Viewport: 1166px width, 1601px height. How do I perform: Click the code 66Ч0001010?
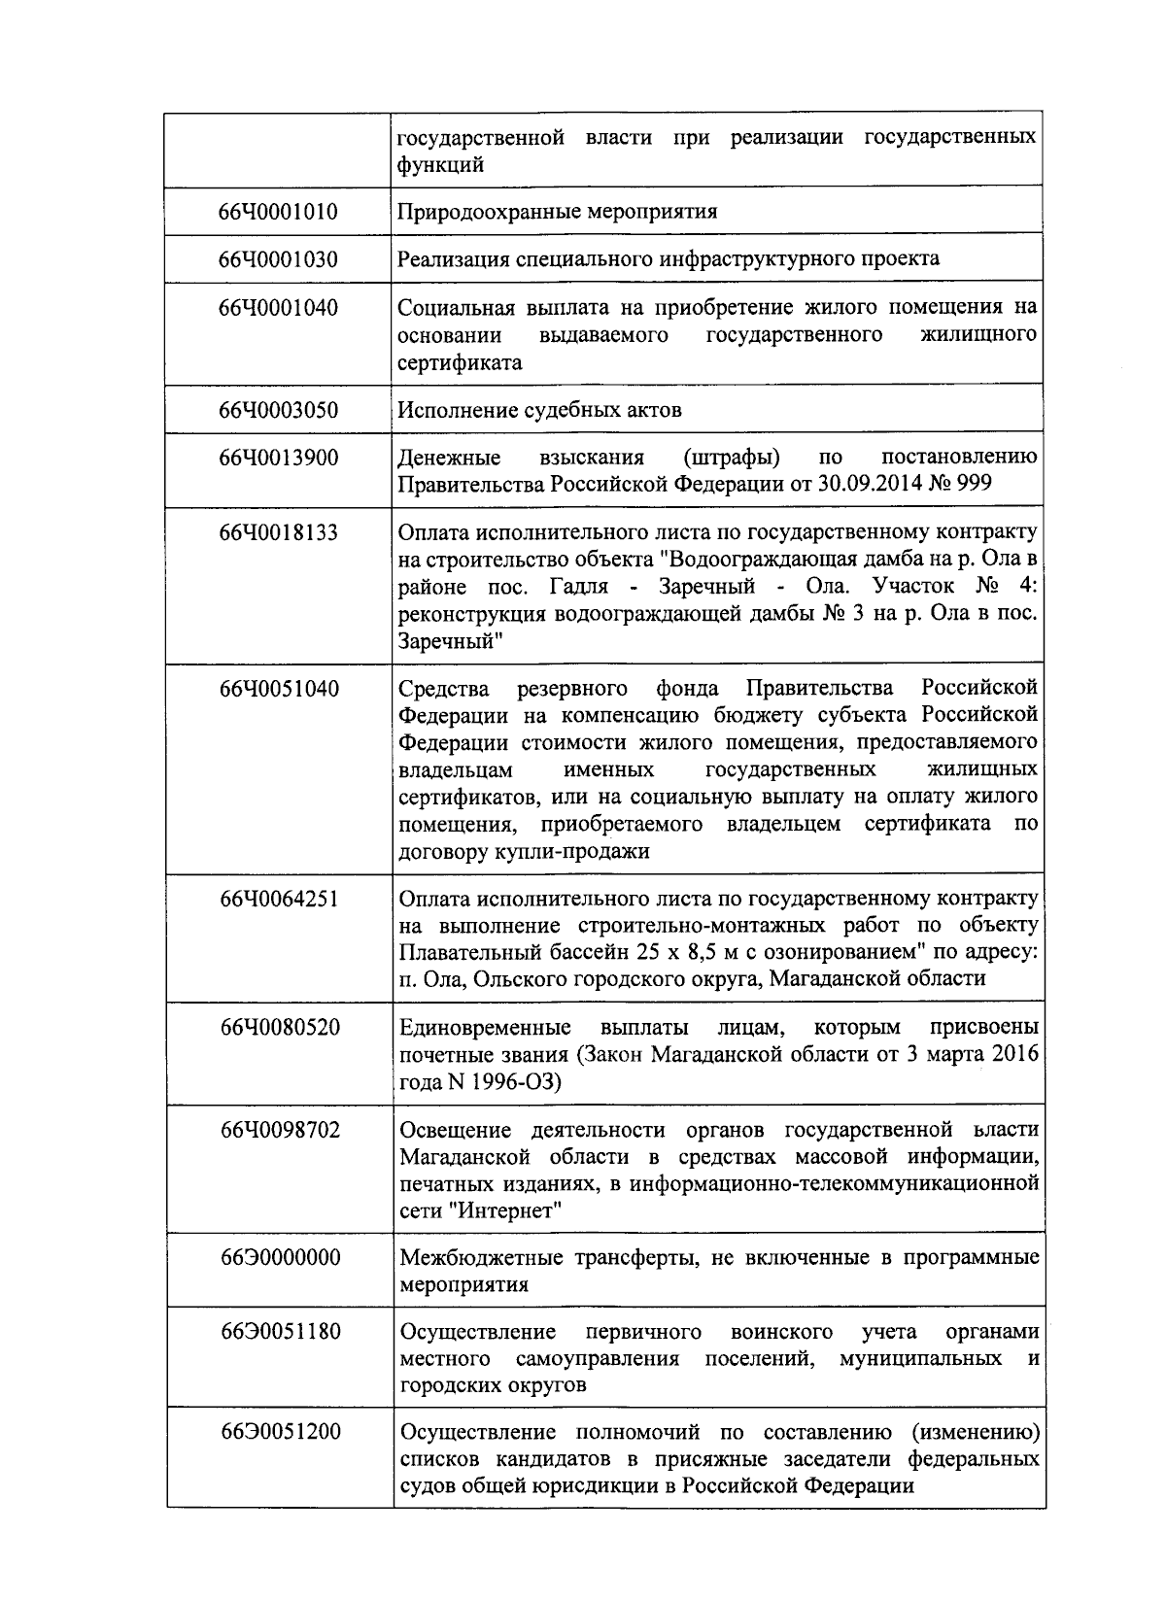pos(279,212)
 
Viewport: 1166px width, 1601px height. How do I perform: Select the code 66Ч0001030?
pos(279,259)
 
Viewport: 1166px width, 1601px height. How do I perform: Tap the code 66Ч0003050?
pos(279,410)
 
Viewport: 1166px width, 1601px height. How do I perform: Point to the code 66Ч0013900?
pos(279,458)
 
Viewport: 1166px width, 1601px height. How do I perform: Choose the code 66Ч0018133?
pos(279,532)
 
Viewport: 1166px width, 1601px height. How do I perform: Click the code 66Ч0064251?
pos(280,899)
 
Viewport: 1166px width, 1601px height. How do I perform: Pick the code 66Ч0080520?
pos(280,1028)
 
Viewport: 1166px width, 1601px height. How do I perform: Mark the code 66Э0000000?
pos(280,1258)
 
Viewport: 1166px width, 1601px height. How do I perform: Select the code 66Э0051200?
pos(280,1433)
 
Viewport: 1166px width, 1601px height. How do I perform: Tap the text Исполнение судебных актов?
pos(539,410)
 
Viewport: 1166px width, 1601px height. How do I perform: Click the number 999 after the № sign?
pos(974,484)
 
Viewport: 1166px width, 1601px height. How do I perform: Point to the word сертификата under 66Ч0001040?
pos(460,363)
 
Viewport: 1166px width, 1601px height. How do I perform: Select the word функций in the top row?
pos(440,165)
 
